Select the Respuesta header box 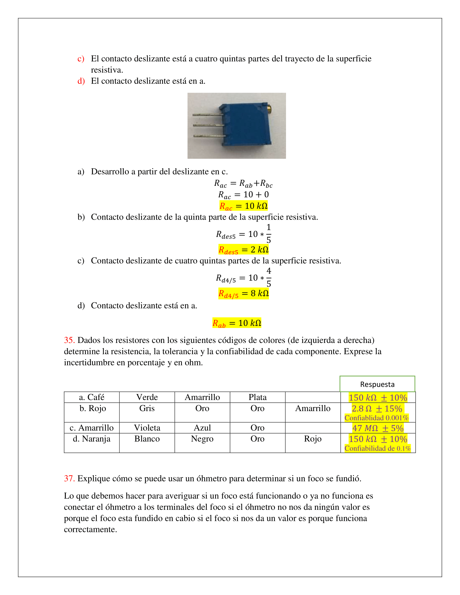pyautogui.click(x=377, y=384)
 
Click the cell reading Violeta pyautogui.click(x=147, y=428)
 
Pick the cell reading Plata pyautogui.click(x=257, y=397)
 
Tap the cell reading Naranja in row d pyautogui.click(x=91, y=439)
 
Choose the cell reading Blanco pyautogui.click(x=147, y=439)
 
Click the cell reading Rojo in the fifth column pyautogui.click(x=313, y=439)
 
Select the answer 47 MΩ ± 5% pyautogui.click(x=378, y=428)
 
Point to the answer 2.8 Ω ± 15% pyautogui.click(x=377, y=409)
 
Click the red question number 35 pyautogui.click(x=69, y=340)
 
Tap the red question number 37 pyautogui.click(x=69, y=479)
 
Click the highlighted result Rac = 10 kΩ pyautogui.click(x=243, y=206)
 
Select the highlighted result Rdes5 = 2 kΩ pyautogui.click(x=243, y=250)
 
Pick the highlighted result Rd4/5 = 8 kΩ pyautogui.click(x=243, y=294)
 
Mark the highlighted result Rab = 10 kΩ pyautogui.click(x=237, y=323)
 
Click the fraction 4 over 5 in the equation pyautogui.click(x=269, y=277)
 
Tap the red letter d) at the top pyautogui.click(x=81, y=81)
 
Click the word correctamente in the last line pyautogui.click(x=90, y=529)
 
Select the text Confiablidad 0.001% pyautogui.click(x=376, y=418)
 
